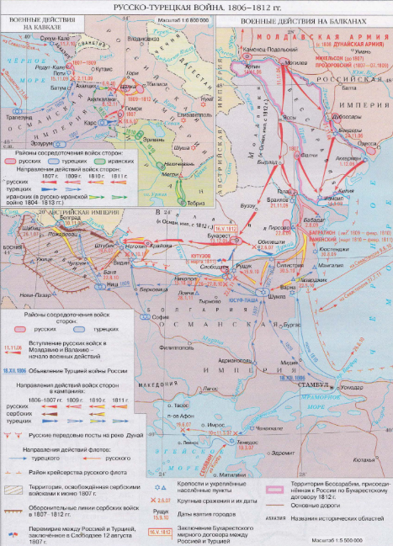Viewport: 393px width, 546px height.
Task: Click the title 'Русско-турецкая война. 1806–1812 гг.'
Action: [196, 6]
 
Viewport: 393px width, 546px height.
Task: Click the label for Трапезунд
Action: [19, 117]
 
